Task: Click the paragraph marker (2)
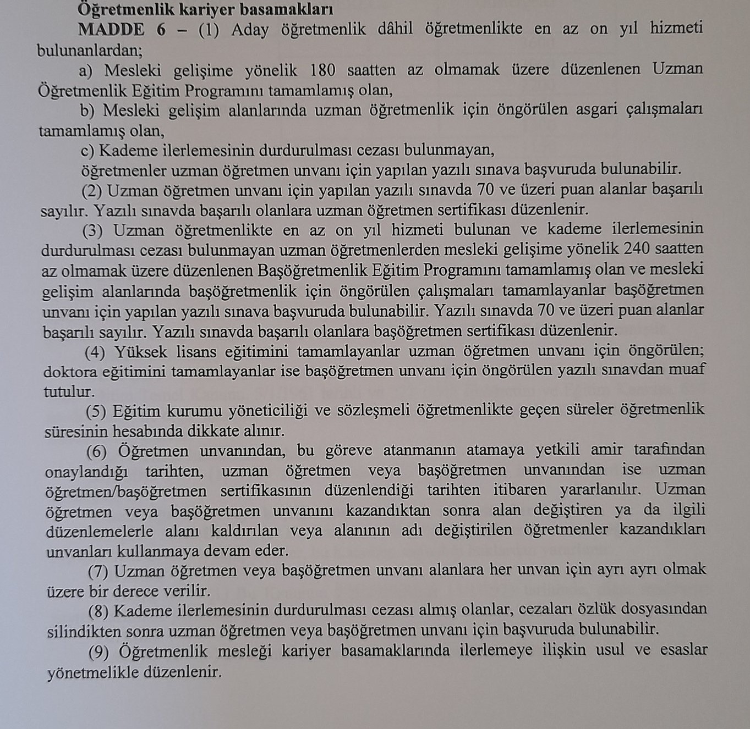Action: coord(92,191)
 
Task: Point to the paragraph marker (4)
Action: coord(95,351)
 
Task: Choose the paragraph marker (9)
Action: coord(100,651)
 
